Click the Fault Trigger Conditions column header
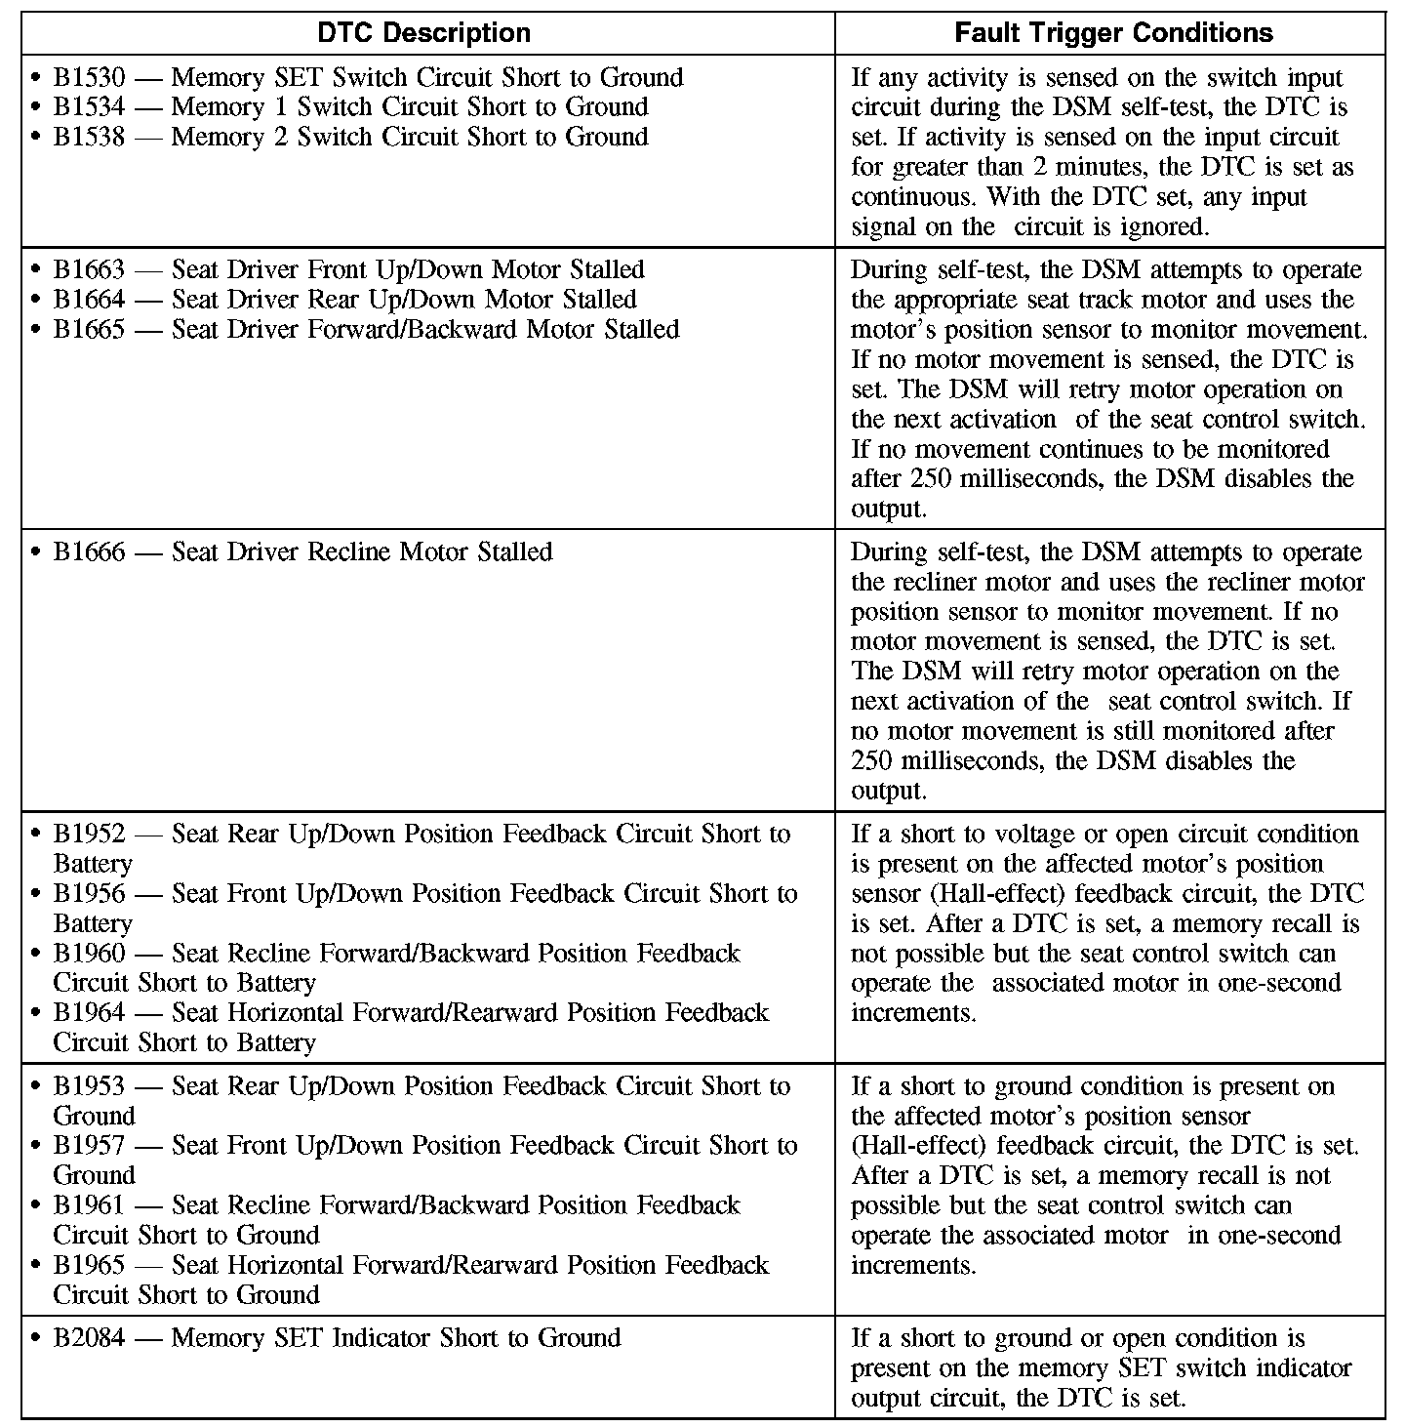pos(1113,33)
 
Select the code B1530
pos(89,78)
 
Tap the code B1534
pos(89,107)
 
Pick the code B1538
pos(89,138)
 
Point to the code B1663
pos(89,270)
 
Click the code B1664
pos(89,300)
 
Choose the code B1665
pos(89,330)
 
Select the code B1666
pos(89,552)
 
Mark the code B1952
pos(89,835)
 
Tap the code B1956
pos(89,894)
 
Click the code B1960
pos(89,954)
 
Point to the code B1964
pos(89,1013)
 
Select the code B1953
pos(89,1086)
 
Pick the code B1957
pos(89,1146)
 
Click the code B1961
pos(89,1205)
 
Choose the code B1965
pos(89,1265)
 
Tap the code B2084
pos(89,1338)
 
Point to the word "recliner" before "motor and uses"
pos(937,583)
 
